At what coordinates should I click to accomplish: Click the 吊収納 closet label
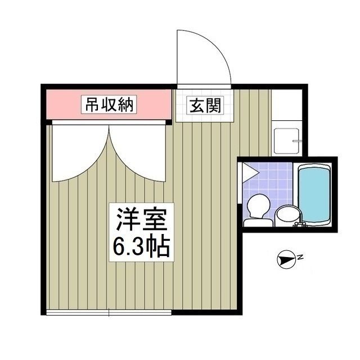pos(109,105)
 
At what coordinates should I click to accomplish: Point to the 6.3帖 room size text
pos(141,246)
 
